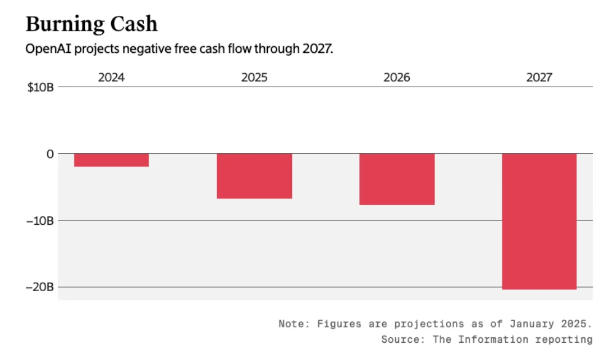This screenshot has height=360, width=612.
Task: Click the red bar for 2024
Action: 111,160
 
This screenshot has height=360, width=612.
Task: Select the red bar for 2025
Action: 254,176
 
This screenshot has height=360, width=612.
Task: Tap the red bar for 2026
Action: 396,179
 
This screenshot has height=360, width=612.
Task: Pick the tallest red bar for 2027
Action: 539,221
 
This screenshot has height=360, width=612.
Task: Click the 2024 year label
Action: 111,78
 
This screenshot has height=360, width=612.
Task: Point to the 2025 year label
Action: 254,78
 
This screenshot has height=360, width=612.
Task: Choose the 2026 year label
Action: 396,78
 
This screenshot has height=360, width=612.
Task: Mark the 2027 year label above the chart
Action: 539,78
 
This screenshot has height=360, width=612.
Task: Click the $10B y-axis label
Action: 41,87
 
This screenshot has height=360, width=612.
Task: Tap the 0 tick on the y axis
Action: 50,154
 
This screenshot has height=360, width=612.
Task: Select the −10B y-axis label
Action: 39,220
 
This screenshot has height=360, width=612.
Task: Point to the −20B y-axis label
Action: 39,287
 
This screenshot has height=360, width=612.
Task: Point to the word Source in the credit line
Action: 399,339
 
